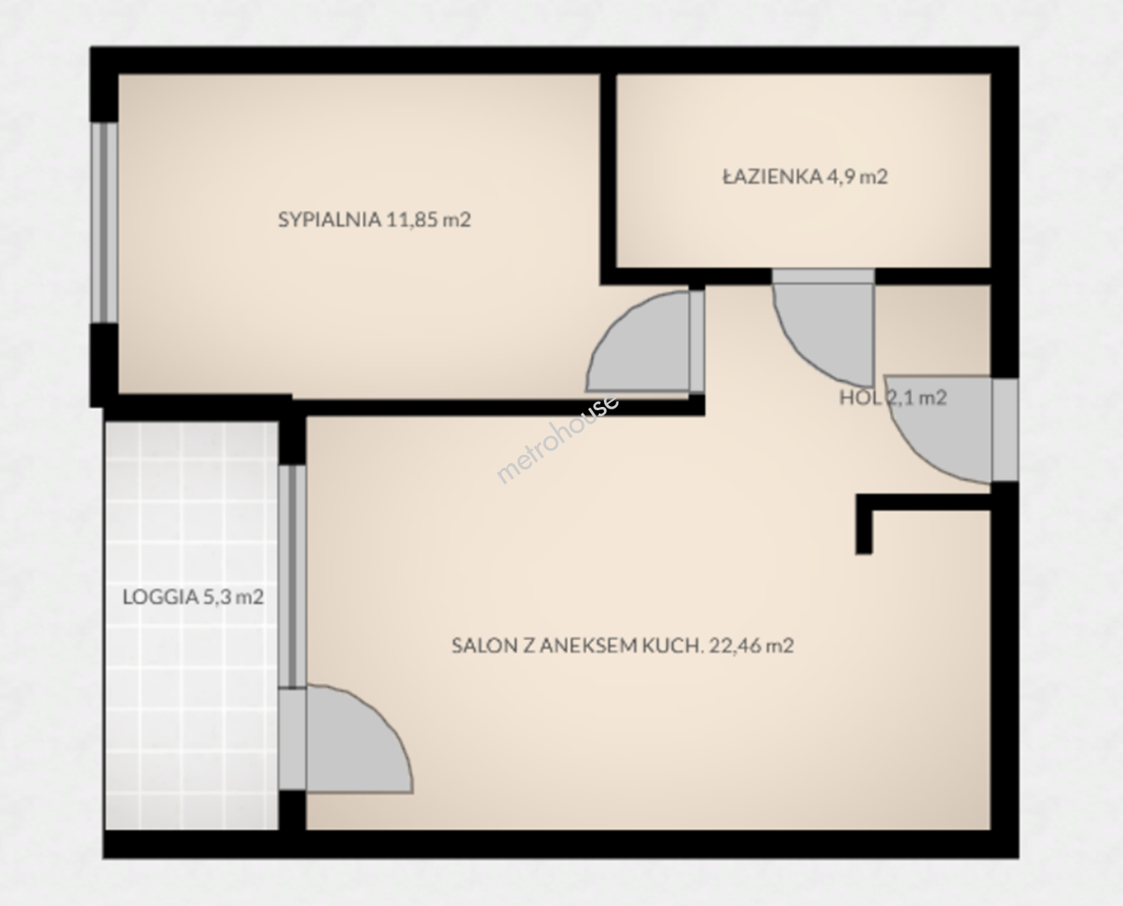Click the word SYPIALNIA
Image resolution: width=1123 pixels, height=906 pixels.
330,220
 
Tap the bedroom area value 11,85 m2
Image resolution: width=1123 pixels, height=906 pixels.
429,220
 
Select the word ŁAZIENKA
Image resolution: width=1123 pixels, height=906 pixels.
772,176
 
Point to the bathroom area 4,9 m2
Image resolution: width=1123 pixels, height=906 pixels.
857,177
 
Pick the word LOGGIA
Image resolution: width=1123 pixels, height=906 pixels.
161,597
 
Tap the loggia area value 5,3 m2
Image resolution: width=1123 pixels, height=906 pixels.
233,597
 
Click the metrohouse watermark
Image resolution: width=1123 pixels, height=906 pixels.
558,439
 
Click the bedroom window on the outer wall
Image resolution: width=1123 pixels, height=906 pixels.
104,222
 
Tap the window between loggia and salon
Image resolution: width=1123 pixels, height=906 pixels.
292,575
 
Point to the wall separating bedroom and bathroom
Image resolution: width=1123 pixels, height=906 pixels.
608,178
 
